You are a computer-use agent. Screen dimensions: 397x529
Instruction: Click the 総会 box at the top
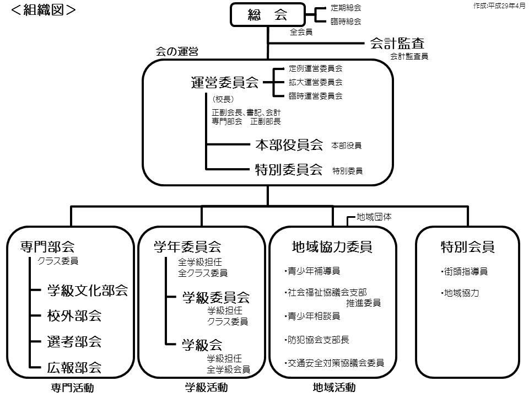point(267,15)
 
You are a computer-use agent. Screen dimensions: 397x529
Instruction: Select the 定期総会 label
point(346,8)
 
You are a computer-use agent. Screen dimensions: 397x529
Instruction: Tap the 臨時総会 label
point(346,22)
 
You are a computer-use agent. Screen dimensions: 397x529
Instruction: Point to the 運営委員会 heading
point(224,83)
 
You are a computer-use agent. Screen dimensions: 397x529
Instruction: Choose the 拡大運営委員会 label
point(315,82)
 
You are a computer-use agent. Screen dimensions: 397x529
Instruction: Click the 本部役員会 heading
point(288,145)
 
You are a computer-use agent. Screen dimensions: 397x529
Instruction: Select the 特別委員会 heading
point(288,170)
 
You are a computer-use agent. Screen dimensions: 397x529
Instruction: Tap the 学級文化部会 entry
point(87,291)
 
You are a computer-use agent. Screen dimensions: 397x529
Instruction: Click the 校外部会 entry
point(74,316)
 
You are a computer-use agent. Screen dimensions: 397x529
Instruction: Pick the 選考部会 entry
point(74,342)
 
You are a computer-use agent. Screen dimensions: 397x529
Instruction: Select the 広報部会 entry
point(74,367)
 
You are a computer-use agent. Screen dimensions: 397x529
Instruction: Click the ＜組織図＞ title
point(43,9)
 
